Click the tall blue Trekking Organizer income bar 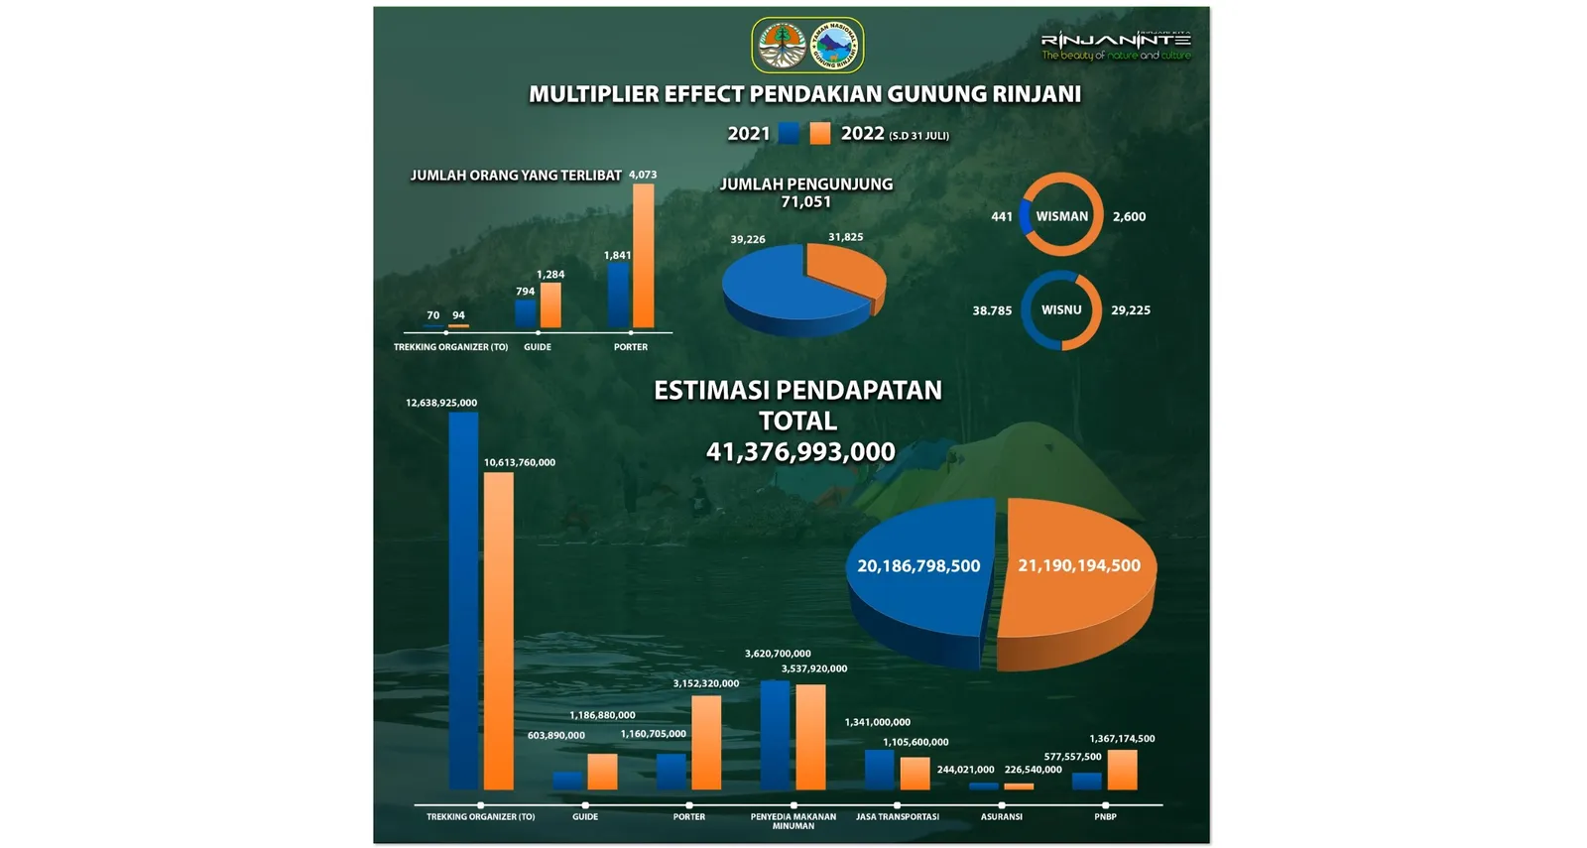tap(463, 600)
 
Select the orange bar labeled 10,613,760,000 tap(498, 631)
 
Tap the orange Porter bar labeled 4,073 tap(643, 256)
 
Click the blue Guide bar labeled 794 tap(525, 313)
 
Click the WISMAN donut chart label tap(1061, 216)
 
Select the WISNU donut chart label tap(1061, 310)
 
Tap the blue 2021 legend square tap(789, 134)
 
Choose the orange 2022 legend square tap(819, 134)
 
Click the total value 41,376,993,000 tap(800, 452)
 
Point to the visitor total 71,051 tap(805, 202)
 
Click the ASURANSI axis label tap(1001, 817)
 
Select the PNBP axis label tap(1105, 817)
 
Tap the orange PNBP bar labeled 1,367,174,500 tap(1122, 770)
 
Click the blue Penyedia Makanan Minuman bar tap(775, 735)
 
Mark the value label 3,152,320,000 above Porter tap(705, 683)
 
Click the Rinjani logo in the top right tap(1115, 45)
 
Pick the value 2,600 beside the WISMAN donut tap(1129, 216)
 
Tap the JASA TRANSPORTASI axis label tap(897, 817)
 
